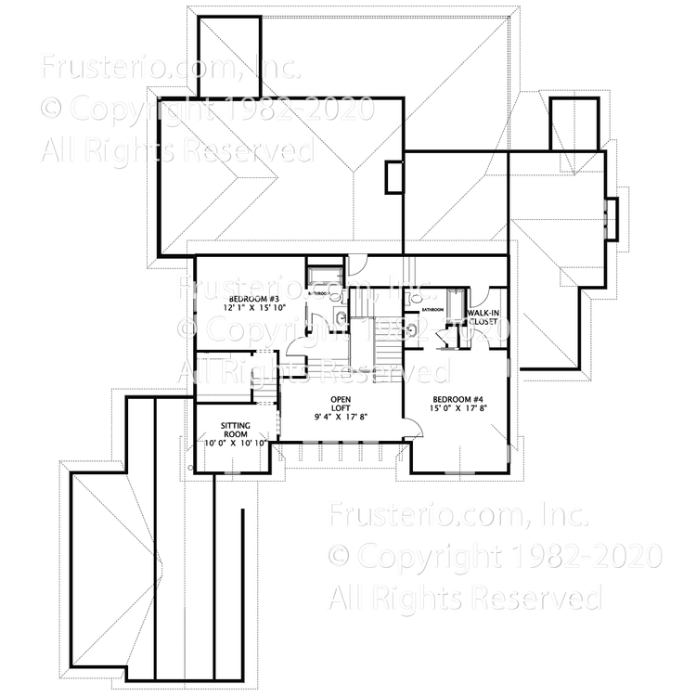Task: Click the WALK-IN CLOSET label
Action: [484, 321]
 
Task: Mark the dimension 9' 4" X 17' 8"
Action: [341, 416]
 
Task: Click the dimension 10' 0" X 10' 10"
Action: [236, 444]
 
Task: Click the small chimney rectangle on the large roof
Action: [394, 175]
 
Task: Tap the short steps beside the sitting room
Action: [266, 394]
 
